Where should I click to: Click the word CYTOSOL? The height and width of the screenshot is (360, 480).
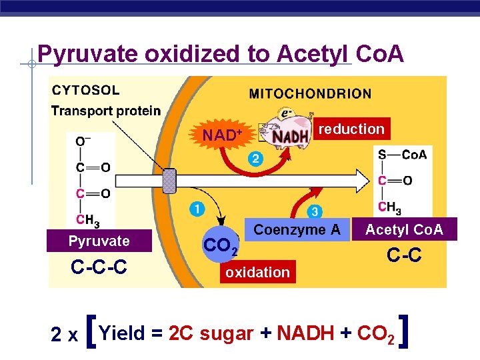point(86,90)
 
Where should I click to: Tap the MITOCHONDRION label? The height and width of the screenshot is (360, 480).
point(310,94)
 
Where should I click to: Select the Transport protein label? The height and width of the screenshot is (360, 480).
point(106,111)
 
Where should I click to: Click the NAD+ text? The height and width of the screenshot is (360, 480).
point(222,135)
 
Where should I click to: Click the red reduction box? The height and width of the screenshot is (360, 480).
point(352,129)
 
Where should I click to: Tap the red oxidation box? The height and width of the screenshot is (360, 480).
point(257,272)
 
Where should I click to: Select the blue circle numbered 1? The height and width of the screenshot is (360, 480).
point(196,210)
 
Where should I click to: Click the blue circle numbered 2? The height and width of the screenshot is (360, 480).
point(255,159)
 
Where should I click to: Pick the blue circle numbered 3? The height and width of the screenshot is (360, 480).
point(315,212)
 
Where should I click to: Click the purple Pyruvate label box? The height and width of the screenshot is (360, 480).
point(99,241)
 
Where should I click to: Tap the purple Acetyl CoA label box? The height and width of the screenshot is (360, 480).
point(404,230)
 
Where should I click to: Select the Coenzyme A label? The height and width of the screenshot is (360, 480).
point(297,230)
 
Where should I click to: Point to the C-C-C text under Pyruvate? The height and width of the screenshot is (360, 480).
point(99,268)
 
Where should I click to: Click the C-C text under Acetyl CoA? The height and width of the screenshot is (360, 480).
point(405,254)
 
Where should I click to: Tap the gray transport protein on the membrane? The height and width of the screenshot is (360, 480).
point(170,181)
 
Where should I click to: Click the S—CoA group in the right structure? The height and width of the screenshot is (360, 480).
point(402,155)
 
